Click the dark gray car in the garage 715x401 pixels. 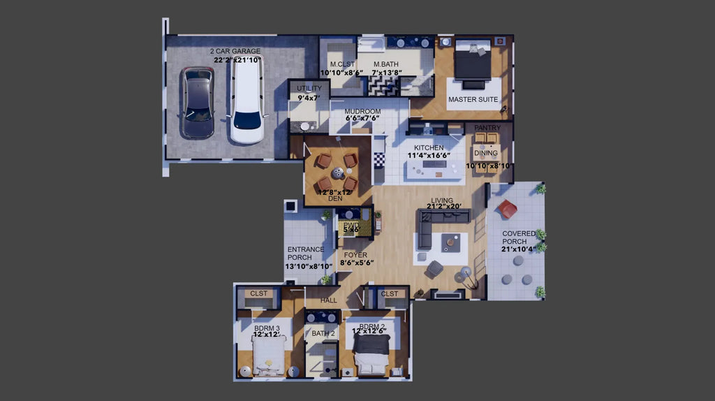[198, 103]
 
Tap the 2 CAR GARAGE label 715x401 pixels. [235, 51]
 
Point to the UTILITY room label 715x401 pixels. [309, 88]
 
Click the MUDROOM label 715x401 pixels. [363, 111]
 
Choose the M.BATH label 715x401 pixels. [386, 64]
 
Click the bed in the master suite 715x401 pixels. [473, 61]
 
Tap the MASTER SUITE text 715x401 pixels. [473, 100]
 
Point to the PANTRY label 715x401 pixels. [487, 128]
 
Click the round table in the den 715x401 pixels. [337, 172]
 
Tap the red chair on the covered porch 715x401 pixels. [508, 208]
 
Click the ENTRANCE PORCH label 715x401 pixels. [306, 253]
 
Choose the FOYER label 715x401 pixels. [355, 255]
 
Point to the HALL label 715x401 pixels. [328, 300]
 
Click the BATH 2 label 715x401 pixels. [324, 333]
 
